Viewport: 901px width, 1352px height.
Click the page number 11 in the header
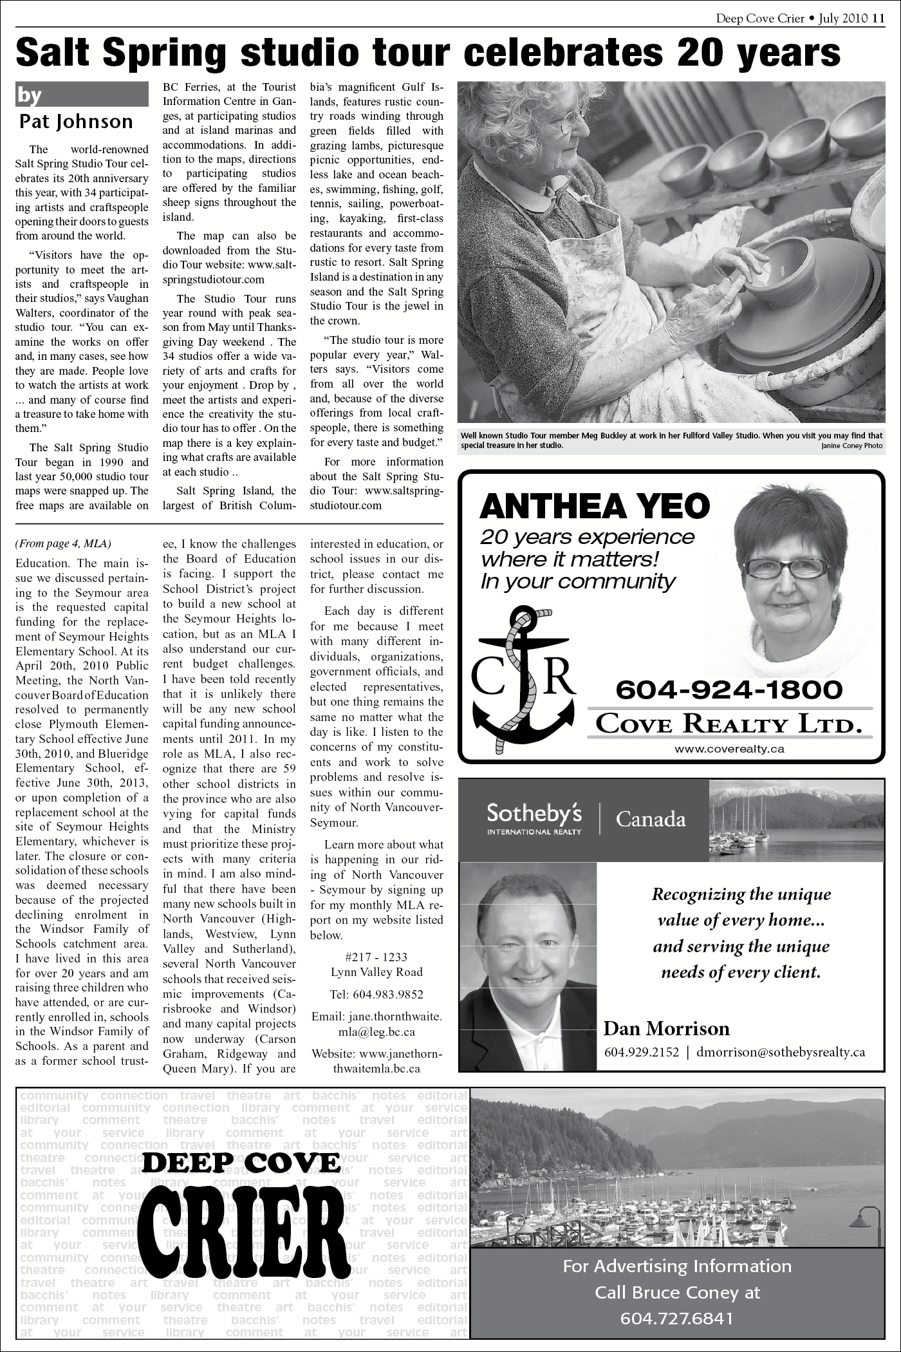coord(878,18)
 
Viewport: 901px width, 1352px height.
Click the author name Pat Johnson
coord(76,121)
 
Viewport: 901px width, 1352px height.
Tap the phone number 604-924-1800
coord(729,690)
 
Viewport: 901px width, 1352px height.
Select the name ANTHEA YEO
coord(595,507)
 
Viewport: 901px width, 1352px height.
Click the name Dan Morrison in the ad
coord(666,1028)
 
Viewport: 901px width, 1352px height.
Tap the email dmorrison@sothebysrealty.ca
coord(781,1052)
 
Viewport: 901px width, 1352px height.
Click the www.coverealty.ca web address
coord(729,749)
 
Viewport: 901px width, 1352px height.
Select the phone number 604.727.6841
coord(676,1319)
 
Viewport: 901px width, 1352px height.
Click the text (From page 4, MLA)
coord(63,544)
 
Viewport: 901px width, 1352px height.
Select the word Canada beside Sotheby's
coord(651,820)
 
